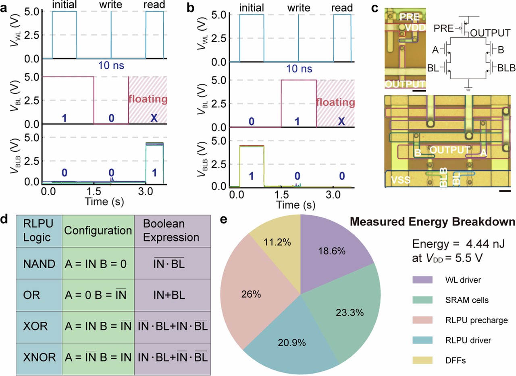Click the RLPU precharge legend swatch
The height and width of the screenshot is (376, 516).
click(425, 320)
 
